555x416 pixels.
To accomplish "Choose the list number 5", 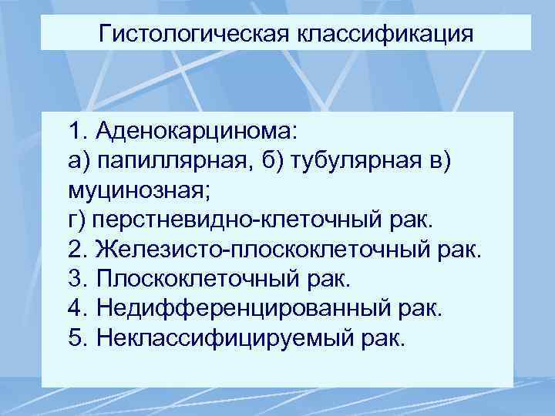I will click(76, 338).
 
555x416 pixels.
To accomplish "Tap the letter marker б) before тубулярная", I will click(257, 158).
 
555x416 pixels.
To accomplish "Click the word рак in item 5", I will click(383, 338).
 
